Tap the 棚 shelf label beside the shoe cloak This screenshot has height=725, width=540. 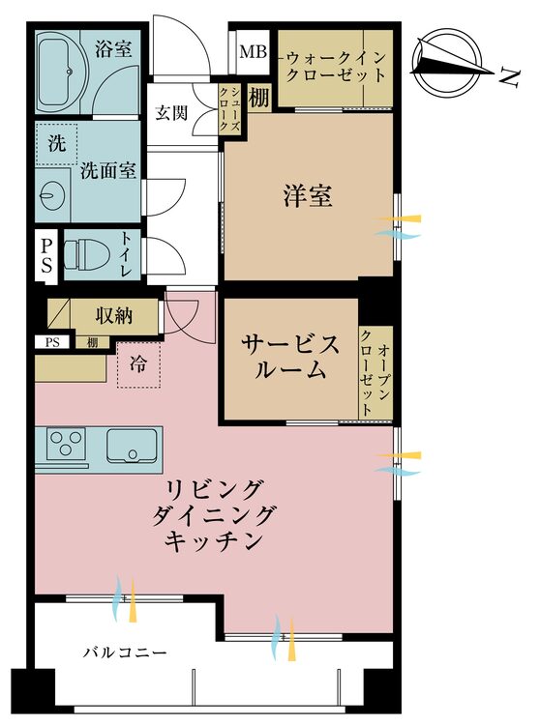click(x=258, y=98)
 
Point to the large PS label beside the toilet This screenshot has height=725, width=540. click(x=46, y=256)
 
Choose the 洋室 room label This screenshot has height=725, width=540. click(x=308, y=197)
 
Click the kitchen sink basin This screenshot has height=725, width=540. click(x=135, y=445)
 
